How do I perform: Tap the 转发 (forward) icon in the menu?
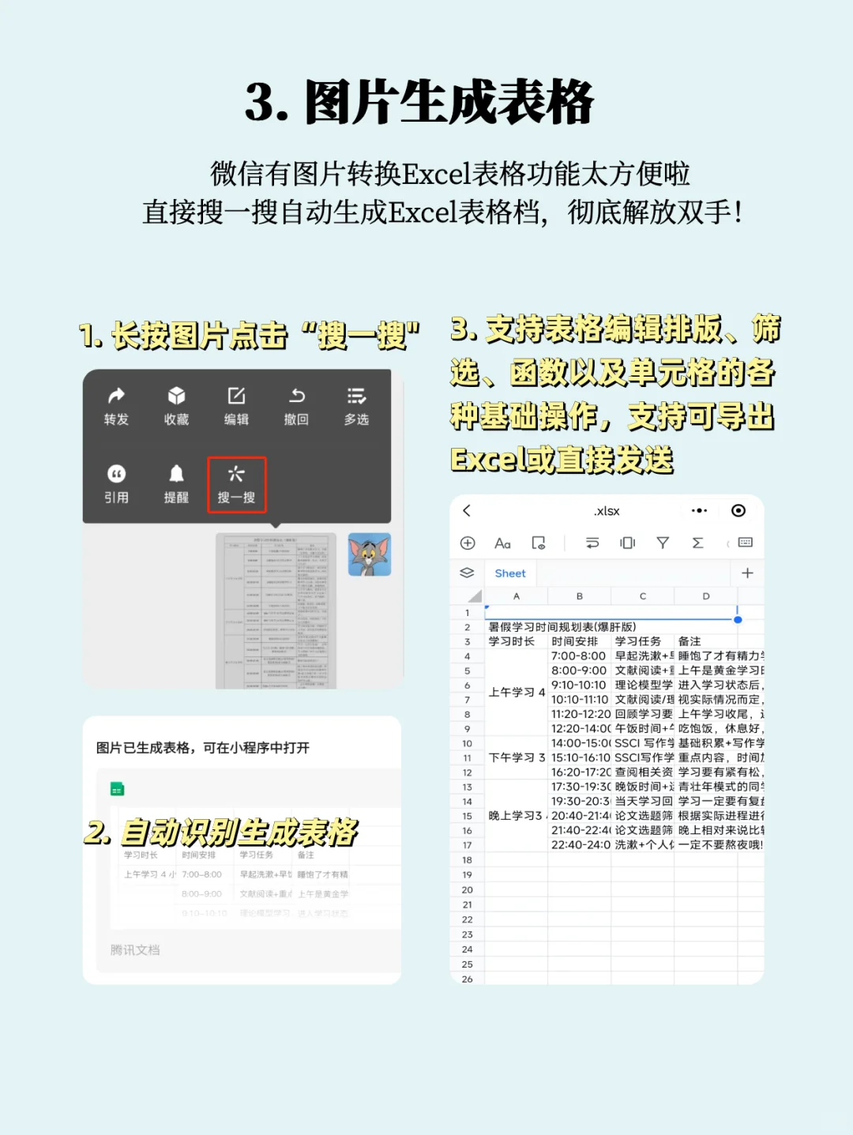tap(116, 396)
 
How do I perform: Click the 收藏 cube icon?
tap(176, 396)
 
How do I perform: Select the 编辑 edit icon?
tap(236, 396)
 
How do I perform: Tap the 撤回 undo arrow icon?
tap(296, 396)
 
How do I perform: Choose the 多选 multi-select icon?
tap(356, 396)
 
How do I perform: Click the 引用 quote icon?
tap(116, 474)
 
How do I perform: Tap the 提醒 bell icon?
tap(176, 474)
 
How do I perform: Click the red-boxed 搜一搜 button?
tap(237, 484)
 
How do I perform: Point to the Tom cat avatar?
tap(370, 554)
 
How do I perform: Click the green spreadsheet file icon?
tap(117, 789)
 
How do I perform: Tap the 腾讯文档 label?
tap(135, 950)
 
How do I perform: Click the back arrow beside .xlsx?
tap(467, 511)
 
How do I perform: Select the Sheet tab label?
tap(510, 573)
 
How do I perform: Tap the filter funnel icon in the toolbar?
tap(663, 543)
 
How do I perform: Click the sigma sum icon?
tap(697, 543)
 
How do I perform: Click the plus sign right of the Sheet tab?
tap(747, 573)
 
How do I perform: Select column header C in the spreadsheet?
tap(643, 596)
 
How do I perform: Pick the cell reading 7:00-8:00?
tap(579, 656)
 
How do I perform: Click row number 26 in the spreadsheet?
tap(468, 979)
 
